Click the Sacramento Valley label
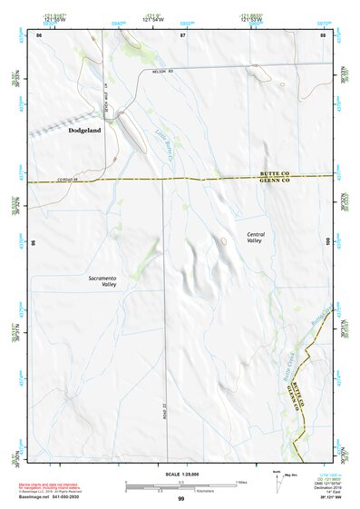click(103, 280)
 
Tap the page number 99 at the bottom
click(180, 499)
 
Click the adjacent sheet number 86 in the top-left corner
click(39, 34)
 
